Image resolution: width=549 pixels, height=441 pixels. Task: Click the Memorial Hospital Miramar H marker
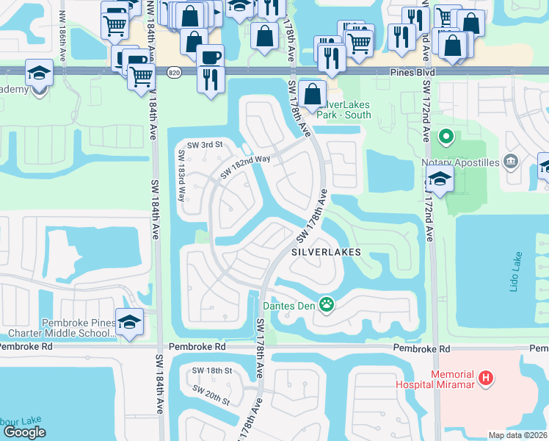pos(484,379)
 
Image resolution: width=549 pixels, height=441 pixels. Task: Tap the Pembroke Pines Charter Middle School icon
pos(130,323)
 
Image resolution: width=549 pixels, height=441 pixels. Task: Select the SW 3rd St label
pos(204,145)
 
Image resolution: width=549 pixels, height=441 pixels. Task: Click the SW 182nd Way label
pos(244,166)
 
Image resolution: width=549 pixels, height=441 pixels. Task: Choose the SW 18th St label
pos(211,371)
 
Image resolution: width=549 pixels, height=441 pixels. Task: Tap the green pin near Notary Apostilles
pos(444,137)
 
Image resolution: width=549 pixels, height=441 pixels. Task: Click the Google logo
pos(24,432)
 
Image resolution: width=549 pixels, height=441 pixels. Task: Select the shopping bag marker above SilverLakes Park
pos(313,94)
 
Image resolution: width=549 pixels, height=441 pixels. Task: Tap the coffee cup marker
pos(211,56)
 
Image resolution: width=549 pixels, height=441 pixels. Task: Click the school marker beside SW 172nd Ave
pos(440,179)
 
